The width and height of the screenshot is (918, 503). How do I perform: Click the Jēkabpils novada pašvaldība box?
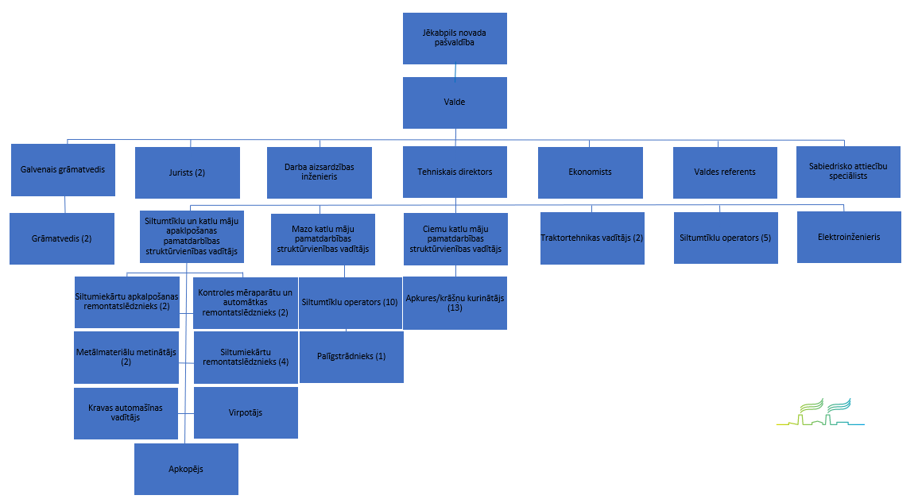click(455, 38)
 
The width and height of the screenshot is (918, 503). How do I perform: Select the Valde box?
click(455, 103)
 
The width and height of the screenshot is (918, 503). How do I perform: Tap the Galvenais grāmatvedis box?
click(63, 169)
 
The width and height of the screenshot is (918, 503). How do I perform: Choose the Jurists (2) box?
click(188, 172)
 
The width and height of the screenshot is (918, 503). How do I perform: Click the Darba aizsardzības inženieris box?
click(320, 172)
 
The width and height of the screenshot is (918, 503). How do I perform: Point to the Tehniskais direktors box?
click(455, 172)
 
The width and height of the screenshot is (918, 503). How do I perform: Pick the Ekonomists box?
click(591, 172)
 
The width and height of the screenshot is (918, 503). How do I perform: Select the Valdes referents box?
click(725, 172)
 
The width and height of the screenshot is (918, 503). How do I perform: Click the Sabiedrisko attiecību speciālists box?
click(848, 172)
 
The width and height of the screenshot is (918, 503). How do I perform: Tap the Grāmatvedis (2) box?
click(62, 238)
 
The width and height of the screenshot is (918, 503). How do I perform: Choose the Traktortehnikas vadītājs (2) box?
click(592, 238)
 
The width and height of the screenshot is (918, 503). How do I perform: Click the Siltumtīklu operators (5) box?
click(726, 238)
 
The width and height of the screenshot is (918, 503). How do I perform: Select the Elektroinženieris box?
click(849, 237)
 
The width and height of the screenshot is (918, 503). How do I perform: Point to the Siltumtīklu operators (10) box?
click(351, 303)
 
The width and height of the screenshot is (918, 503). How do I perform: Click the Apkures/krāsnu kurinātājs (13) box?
click(455, 303)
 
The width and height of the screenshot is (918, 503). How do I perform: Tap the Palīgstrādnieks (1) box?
click(351, 357)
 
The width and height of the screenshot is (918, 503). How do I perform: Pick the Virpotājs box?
click(246, 412)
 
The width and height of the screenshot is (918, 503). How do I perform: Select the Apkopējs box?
click(186, 469)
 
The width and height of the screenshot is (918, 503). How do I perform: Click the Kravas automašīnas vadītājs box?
click(126, 412)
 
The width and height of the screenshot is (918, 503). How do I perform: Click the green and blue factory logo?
click(820, 413)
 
